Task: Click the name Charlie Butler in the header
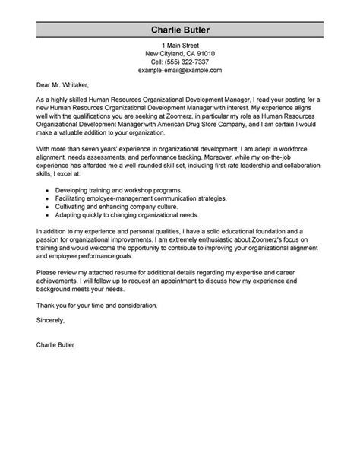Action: [x=179, y=30]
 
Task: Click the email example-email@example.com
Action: [x=179, y=70]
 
